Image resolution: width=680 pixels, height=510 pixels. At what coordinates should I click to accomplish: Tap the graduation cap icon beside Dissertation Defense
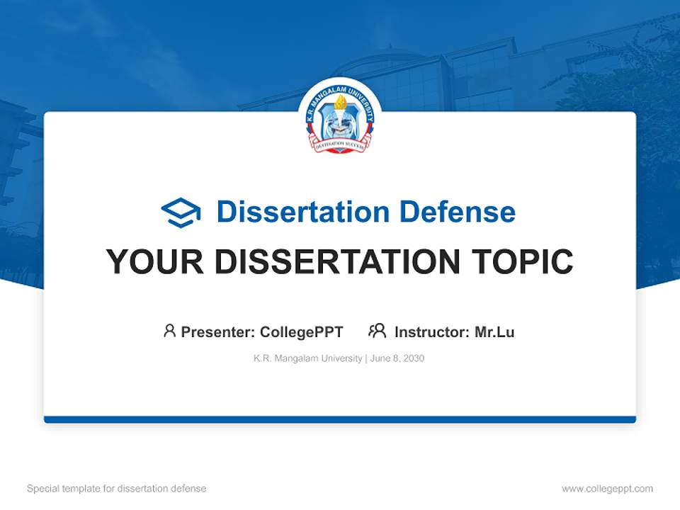pos(181,212)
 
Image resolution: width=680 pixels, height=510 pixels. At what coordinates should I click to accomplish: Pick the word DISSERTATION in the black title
pos(336,262)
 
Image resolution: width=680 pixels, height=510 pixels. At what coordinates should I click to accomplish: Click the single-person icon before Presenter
pos(169,331)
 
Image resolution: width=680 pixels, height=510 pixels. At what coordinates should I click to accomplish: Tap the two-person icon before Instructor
pos(377,331)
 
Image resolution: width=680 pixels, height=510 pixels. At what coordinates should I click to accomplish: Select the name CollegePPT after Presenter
pos(302,331)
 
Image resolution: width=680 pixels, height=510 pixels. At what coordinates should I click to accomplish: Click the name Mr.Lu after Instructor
pos(494,331)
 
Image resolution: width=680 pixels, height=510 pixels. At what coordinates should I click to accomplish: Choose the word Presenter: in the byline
pos(218,331)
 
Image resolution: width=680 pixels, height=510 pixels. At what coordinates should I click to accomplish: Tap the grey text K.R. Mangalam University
pos(307,358)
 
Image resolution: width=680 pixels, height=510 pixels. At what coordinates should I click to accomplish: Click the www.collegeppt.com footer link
pos(607,489)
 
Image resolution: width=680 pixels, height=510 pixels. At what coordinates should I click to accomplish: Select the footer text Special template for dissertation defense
pos(117,489)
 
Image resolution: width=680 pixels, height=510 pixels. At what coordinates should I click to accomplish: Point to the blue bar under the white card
pos(340,419)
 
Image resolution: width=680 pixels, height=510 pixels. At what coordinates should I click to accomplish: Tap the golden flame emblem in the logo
pos(340,105)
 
